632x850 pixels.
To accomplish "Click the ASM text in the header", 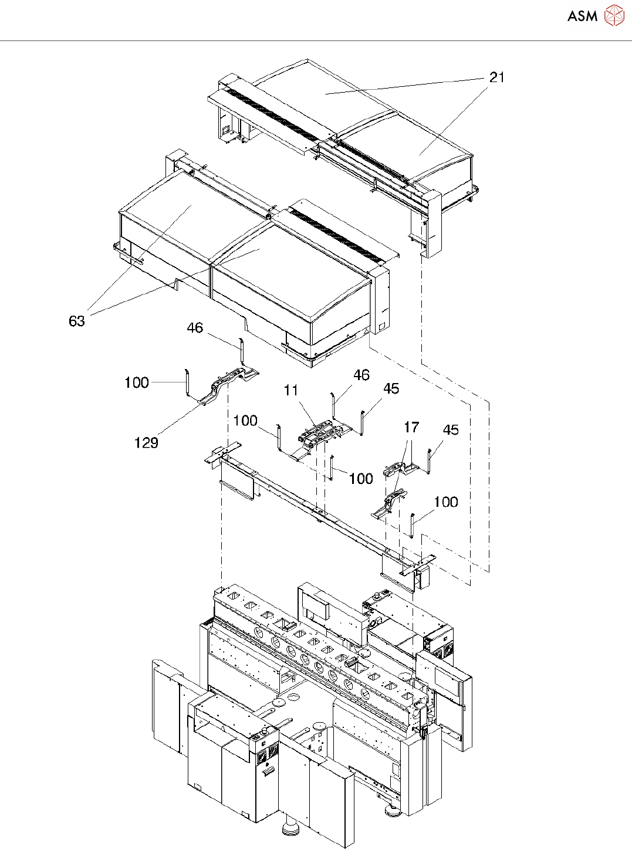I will coord(582,16).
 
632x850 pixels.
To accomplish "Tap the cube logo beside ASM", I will coord(614,15).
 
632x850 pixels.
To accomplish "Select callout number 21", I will coord(496,77).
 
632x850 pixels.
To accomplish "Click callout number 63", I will coord(77,321).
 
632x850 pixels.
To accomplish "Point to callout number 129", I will coord(146,443).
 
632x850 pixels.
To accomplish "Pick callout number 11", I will coord(291,391).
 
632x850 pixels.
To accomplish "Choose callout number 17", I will coord(411,427).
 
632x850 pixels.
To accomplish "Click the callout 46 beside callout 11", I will coord(361,375).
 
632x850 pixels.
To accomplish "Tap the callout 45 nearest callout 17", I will coord(450,430).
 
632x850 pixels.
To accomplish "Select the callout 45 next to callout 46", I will coord(391,388).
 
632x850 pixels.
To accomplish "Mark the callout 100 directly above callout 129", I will coord(137,382).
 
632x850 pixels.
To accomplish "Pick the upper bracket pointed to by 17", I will coord(399,469).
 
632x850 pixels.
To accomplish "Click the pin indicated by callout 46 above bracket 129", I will coord(240,351).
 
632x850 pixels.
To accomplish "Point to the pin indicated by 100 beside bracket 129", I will coord(187,382).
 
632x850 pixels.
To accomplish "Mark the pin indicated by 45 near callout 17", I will coord(430,460).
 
